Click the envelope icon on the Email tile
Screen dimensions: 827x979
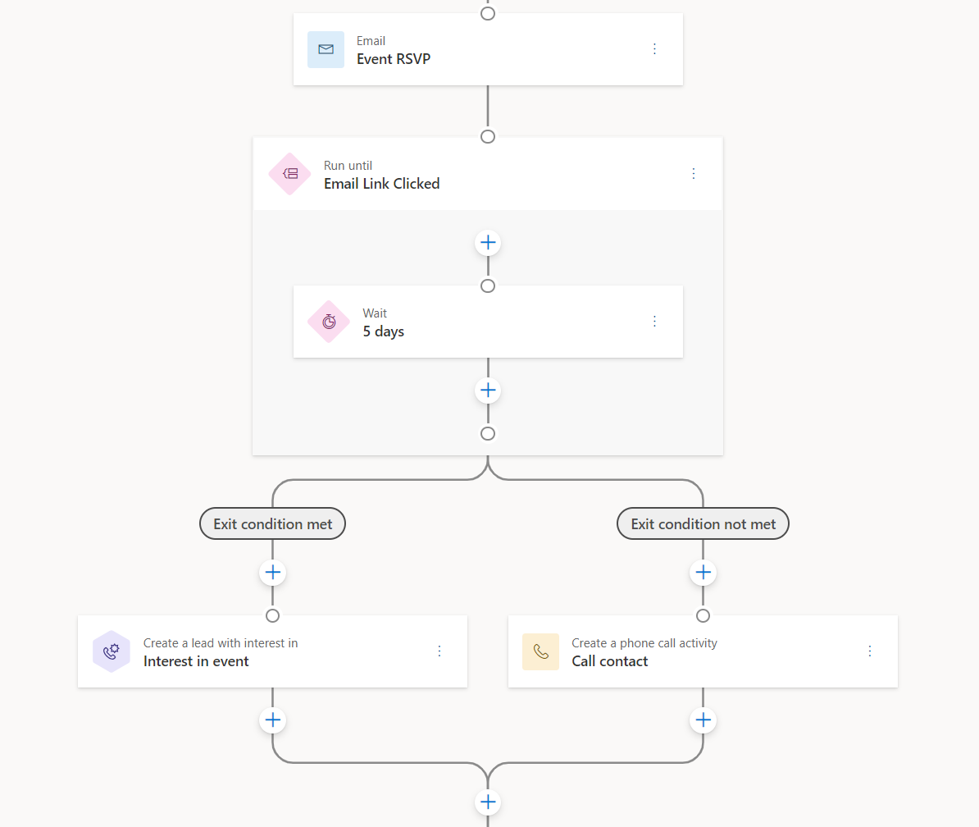click(x=326, y=49)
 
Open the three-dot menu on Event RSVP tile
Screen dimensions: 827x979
click(x=654, y=49)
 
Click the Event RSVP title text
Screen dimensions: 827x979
click(x=393, y=59)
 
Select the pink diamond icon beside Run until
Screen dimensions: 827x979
click(x=289, y=174)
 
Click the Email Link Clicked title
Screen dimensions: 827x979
click(x=381, y=184)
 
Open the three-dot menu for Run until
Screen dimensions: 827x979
click(x=694, y=174)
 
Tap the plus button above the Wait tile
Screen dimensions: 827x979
click(x=488, y=243)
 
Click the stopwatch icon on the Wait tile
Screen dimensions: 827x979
click(x=329, y=322)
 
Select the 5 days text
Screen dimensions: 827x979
click(x=383, y=331)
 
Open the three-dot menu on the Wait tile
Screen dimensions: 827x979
click(x=654, y=322)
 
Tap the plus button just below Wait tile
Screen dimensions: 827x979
click(x=488, y=390)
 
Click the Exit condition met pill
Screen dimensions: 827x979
click(x=272, y=523)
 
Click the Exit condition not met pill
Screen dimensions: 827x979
click(x=703, y=523)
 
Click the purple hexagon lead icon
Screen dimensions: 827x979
click(x=112, y=651)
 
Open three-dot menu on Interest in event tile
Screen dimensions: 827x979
click(x=439, y=651)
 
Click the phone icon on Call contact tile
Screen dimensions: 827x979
click(x=540, y=651)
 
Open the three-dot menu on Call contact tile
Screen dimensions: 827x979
click(x=870, y=651)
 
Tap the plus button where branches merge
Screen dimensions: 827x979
click(x=488, y=802)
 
